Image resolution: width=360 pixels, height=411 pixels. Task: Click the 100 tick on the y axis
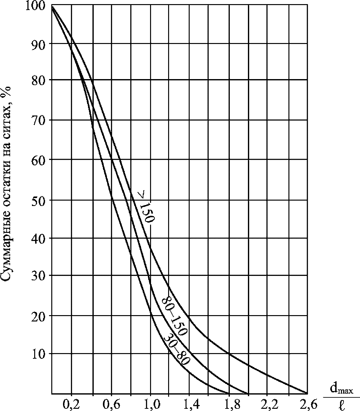tap(37, 6)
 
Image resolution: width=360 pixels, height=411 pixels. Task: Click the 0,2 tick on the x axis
tap(72, 403)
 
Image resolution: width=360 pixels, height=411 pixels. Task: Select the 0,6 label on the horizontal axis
tap(111, 403)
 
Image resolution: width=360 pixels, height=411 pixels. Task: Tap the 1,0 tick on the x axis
tap(150, 403)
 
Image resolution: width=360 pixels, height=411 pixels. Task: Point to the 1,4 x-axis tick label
tap(189, 403)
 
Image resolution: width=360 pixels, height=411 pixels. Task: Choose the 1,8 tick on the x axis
tap(228, 403)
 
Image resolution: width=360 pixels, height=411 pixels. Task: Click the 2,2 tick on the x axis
tap(267, 403)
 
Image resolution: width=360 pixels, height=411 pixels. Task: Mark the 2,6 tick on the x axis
tap(306, 403)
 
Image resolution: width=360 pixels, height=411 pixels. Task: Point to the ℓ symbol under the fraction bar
tap(341, 404)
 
